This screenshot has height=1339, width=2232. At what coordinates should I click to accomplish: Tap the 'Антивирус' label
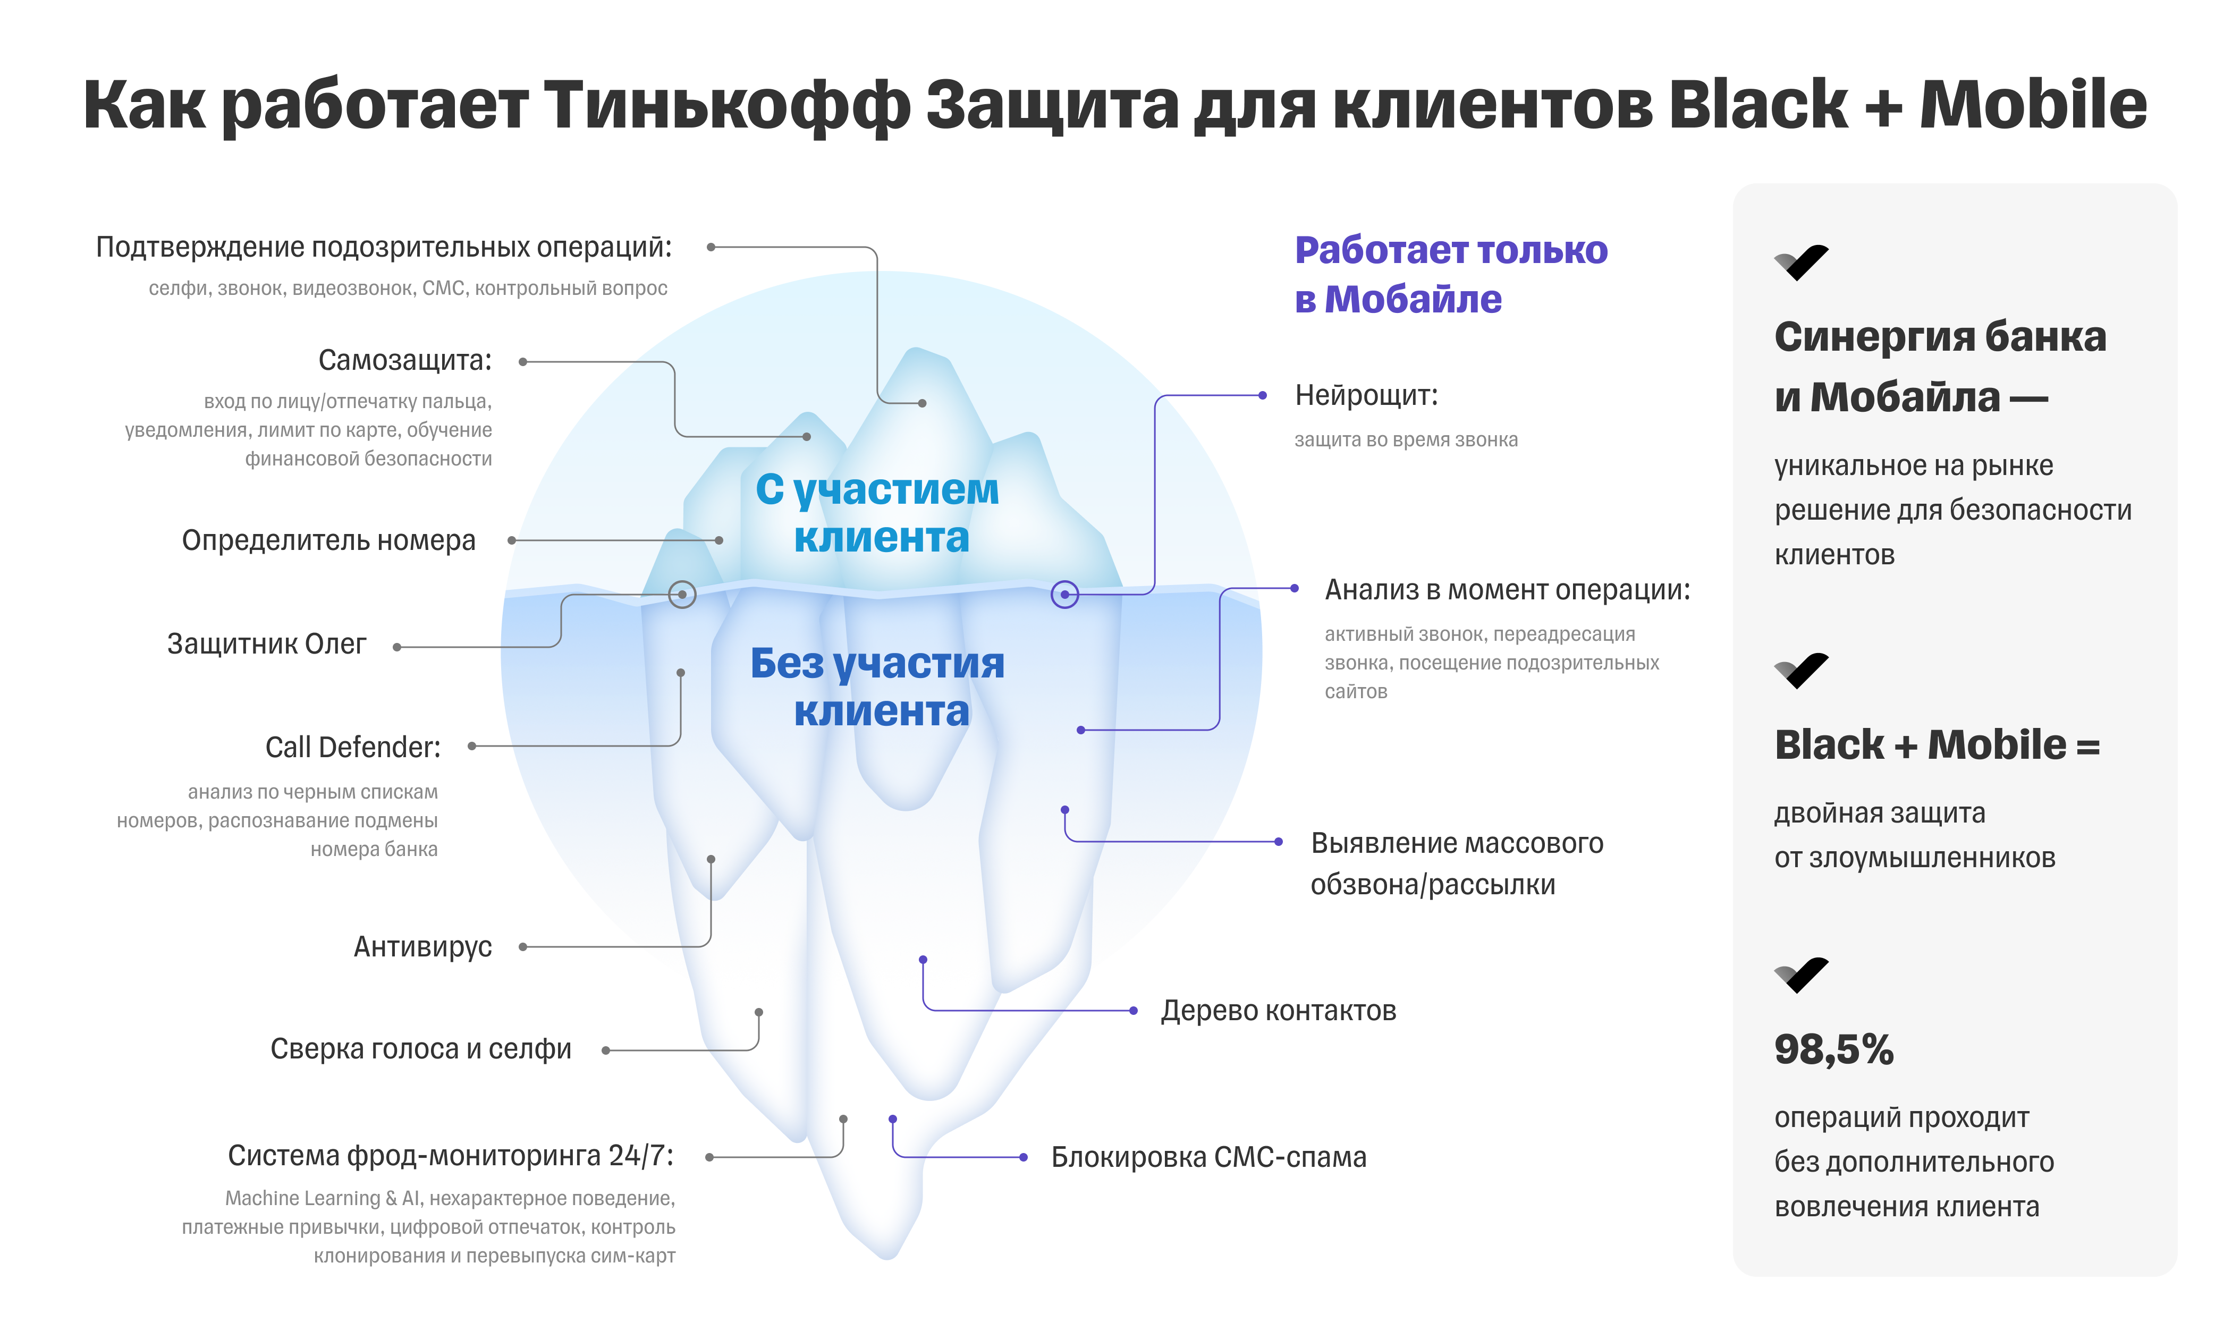(x=422, y=946)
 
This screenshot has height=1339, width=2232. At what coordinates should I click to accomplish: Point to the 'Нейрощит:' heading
(x=1366, y=395)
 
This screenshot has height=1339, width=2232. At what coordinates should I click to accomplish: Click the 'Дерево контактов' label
(x=1279, y=1011)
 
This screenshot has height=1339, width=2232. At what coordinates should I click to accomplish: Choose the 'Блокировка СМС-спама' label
(x=1209, y=1157)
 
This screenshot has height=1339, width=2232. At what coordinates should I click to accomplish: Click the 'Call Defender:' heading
(x=353, y=747)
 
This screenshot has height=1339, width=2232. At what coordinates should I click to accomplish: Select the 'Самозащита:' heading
(x=405, y=361)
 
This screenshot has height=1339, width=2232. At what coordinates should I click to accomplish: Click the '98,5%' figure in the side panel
(x=1833, y=1049)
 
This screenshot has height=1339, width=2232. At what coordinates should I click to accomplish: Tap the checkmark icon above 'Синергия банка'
(x=1801, y=262)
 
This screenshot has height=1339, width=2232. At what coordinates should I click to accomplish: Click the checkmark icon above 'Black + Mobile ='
(x=1801, y=671)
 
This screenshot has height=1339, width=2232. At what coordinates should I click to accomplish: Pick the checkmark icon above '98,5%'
(x=1801, y=976)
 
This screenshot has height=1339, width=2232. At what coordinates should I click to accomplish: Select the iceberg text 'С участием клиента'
(x=878, y=513)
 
